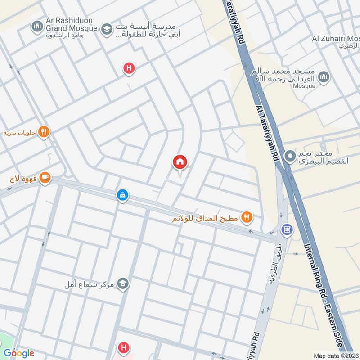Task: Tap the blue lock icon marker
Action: coord(122,195)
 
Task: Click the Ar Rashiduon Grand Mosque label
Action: coord(72,24)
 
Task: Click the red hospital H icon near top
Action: coord(129,69)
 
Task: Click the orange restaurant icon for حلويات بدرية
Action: coord(44,132)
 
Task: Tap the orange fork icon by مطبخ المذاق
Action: coord(247,218)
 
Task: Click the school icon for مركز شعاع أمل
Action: coord(123,284)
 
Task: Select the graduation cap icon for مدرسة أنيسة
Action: coord(107,30)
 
